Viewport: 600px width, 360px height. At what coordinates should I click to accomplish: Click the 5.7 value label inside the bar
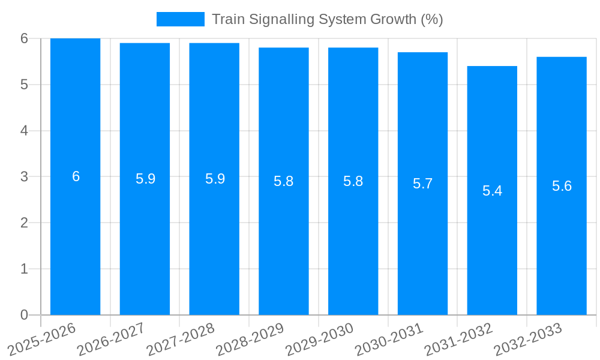coord(422,184)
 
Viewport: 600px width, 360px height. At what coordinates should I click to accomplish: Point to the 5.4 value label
coord(492,191)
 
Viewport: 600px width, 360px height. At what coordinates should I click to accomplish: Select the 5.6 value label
coord(562,186)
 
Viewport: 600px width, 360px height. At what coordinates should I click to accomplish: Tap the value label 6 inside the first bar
coord(76,176)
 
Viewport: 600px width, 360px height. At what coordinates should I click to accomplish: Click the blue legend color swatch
coord(180,19)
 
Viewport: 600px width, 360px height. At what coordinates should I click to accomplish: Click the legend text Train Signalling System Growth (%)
coord(327,19)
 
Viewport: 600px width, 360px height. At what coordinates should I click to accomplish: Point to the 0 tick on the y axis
coord(24,315)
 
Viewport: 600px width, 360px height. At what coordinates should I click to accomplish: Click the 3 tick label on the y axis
coord(24,176)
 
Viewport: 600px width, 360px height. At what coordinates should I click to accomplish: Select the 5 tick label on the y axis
coord(24,85)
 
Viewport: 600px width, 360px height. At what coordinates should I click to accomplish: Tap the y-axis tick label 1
coord(24,269)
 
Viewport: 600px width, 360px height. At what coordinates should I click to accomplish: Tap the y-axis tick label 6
coord(24,38)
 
